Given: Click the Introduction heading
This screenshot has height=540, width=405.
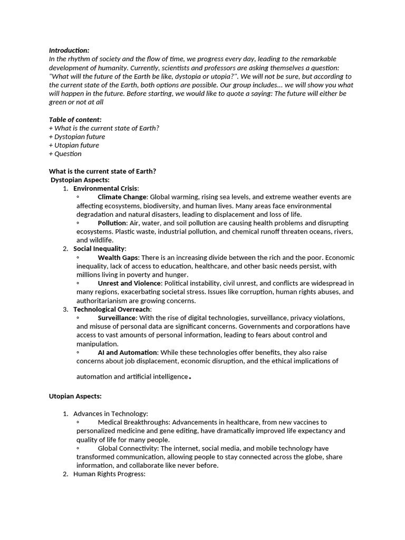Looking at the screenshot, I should [x=69, y=50].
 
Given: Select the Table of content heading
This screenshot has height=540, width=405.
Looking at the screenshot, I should [x=75, y=119].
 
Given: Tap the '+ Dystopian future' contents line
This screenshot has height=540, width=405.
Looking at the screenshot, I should [x=77, y=137].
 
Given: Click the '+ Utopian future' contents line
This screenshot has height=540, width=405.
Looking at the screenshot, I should [x=74, y=145].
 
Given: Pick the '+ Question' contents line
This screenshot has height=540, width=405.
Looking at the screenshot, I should [x=65, y=153].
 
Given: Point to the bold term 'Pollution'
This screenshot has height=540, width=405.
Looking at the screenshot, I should [x=112, y=223].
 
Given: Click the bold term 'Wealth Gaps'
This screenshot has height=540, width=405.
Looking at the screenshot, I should [x=118, y=257].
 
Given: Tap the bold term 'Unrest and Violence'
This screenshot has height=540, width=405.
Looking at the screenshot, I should [x=129, y=283].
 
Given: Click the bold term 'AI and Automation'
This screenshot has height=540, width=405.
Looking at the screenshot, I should [x=127, y=352].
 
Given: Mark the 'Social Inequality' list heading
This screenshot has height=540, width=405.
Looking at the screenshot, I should [x=99, y=248].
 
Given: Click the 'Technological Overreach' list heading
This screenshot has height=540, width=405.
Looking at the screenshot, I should [x=112, y=309].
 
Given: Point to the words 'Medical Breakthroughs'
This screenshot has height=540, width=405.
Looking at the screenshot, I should [x=134, y=422].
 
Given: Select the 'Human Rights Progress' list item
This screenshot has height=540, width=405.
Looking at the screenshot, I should [x=109, y=474].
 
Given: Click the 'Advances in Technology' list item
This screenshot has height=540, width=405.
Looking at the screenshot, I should [x=110, y=413].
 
